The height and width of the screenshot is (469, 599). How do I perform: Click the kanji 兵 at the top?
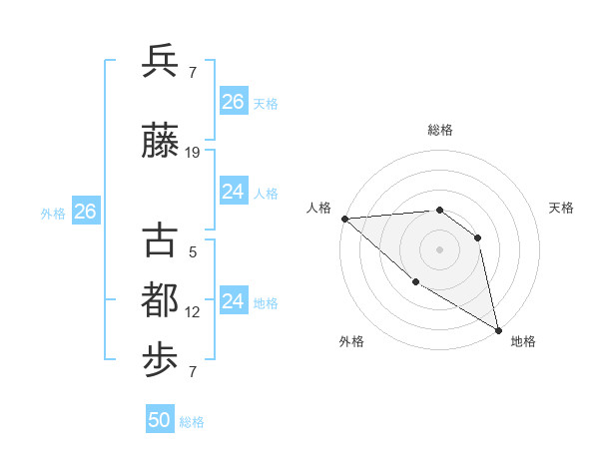[x=160, y=61]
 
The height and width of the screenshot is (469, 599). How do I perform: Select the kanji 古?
[x=160, y=241]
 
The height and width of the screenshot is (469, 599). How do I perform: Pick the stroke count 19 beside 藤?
[x=194, y=153]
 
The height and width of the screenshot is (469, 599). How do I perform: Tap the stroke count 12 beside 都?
[x=193, y=312]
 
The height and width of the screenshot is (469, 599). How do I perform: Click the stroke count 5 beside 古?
[x=193, y=252]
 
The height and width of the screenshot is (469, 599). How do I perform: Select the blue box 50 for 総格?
[x=160, y=420]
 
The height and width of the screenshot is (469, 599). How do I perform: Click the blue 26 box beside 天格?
[x=233, y=101]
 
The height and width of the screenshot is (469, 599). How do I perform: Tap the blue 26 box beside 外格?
[x=85, y=212]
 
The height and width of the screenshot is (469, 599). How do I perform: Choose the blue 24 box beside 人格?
[x=233, y=192]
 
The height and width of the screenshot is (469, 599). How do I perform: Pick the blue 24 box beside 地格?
[x=233, y=301]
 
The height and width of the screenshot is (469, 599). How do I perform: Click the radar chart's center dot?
[x=439, y=248]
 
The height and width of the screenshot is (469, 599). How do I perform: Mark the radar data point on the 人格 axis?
[x=344, y=219]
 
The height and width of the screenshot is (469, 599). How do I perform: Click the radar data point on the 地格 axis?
[x=498, y=330]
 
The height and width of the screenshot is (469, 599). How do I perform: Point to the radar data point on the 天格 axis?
[x=478, y=237]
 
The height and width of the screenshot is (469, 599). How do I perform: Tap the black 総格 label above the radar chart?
[x=439, y=130]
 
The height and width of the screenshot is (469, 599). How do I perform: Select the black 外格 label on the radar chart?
[x=351, y=341]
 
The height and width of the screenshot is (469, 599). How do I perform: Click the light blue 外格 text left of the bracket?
[x=53, y=213]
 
